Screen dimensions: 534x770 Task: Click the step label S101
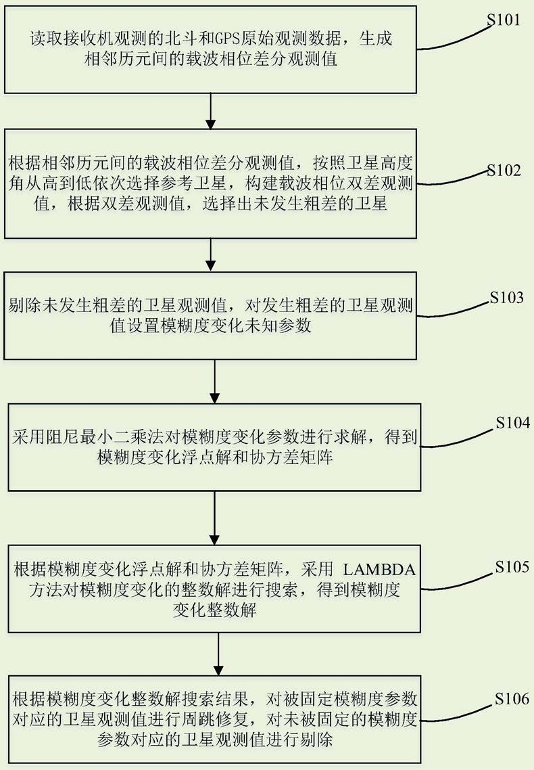(x=503, y=20)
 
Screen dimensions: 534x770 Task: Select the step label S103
(x=507, y=298)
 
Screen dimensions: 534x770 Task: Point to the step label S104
(x=513, y=423)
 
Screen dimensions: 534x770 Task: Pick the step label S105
(x=512, y=567)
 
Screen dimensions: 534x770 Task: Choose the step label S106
(x=512, y=699)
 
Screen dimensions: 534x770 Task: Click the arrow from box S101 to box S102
(x=210, y=111)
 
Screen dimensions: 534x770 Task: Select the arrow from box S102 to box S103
(x=210, y=255)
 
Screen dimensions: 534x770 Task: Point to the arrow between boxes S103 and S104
(x=215, y=382)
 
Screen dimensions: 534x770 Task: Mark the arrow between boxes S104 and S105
(x=215, y=518)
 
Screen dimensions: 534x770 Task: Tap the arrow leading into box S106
(x=218, y=654)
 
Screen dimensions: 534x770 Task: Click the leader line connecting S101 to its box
(x=454, y=39)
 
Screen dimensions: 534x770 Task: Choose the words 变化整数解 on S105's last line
(x=215, y=610)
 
